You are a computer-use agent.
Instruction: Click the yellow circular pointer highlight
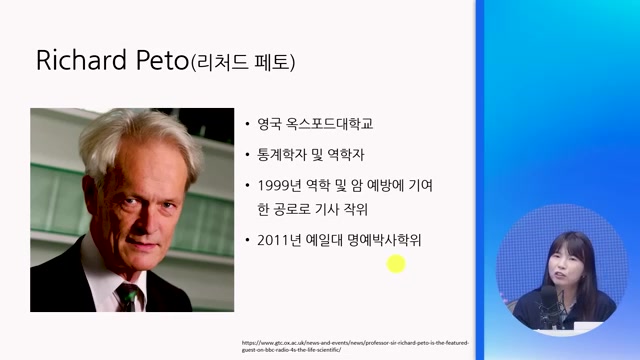(x=396, y=264)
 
